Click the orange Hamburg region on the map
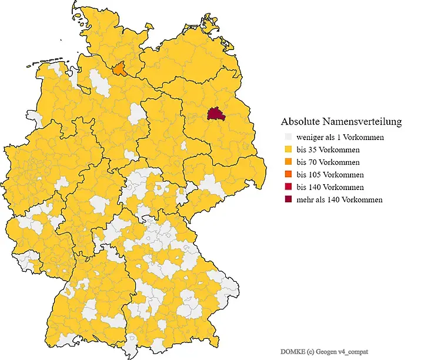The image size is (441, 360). [x=119, y=69]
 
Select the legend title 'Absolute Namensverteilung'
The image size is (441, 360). [x=341, y=122]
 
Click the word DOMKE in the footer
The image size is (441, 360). [x=292, y=351]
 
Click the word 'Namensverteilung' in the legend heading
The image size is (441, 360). [x=365, y=122]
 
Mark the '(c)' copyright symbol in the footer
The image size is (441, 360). [x=309, y=351]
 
